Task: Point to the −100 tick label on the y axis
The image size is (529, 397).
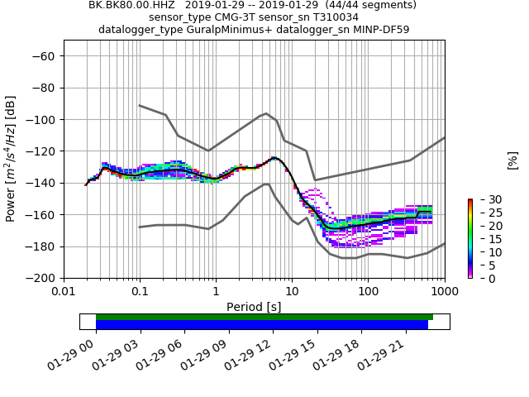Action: pyautogui.click(x=45, y=120)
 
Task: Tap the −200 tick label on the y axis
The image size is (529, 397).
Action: pyautogui.click(x=45, y=279)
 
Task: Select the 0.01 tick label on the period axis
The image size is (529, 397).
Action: pyautogui.click(x=64, y=292)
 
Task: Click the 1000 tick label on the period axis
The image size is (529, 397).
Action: pyautogui.click(x=444, y=292)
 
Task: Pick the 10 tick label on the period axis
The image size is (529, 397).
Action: pyautogui.click(x=292, y=292)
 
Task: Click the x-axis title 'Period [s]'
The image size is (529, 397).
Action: pyautogui.click(x=254, y=307)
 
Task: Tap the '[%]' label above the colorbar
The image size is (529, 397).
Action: pyautogui.click(x=512, y=160)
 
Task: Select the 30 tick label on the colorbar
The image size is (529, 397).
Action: pyautogui.click(x=484, y=199)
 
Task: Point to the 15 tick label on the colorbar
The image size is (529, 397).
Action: pyautogui.click(x=484, y=239)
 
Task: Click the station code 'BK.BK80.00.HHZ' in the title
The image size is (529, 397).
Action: pyautogui.click(x=132, y=5)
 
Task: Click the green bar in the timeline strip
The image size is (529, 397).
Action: pyautogui.click(x=264, y=317)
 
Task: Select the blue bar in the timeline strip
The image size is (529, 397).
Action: pyautogui.click(x=262, y=325)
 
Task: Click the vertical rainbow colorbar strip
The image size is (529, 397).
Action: pyautogui.click(x=469, y=238)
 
